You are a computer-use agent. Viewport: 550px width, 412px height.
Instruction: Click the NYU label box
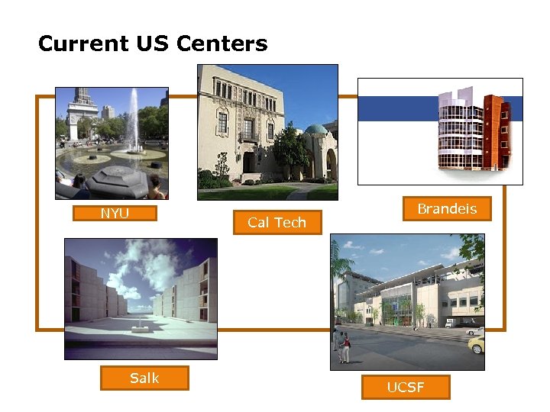coord(115,214)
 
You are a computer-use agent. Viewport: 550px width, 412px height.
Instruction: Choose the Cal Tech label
coord(277,223)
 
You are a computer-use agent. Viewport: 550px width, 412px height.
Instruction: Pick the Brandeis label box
coord(447,209)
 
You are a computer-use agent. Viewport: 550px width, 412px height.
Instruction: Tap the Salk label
coord(144,378)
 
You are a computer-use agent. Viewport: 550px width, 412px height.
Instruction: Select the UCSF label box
coord(406,388)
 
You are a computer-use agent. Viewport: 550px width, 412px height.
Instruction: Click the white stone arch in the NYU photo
coord(82,114)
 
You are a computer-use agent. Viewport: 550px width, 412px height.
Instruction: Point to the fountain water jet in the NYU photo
coord(135,118)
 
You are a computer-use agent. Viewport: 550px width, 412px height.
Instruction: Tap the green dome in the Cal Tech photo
coord(315,130)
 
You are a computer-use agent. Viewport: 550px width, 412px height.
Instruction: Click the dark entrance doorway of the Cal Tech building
coord(250,162)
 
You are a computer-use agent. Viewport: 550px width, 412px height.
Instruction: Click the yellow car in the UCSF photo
coord(476,344)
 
